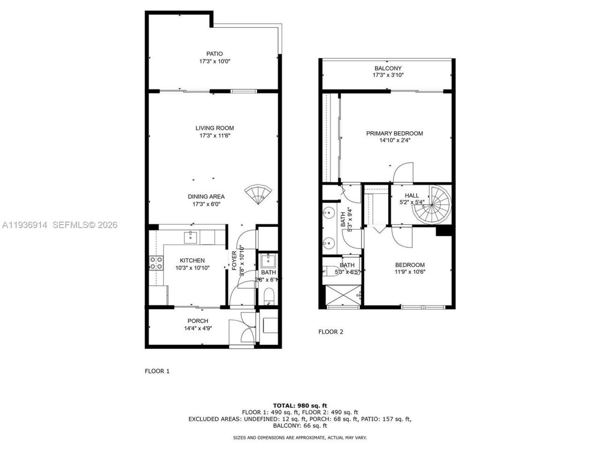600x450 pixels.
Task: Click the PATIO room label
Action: tap(214, 53)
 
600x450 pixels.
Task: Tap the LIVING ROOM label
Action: tap(215, 128)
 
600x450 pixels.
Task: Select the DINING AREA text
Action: tap(206, 196)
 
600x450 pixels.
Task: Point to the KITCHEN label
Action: tap(192, 261)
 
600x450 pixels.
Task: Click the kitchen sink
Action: tap(191, 237)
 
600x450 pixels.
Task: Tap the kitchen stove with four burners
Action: tap(156, 263)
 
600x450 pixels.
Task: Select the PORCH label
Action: tap(198, 321)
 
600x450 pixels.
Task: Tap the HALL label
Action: tap(412, 195)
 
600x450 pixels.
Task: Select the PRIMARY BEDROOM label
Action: tap(394, 134)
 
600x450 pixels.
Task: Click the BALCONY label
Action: tap(388, 68)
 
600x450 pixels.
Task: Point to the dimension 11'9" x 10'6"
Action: tap(410, 272)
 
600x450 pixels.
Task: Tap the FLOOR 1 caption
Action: tap(157, 371)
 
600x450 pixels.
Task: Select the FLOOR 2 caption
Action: tap(330, 332)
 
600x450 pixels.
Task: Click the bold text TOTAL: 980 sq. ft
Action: tap(300, 405)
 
